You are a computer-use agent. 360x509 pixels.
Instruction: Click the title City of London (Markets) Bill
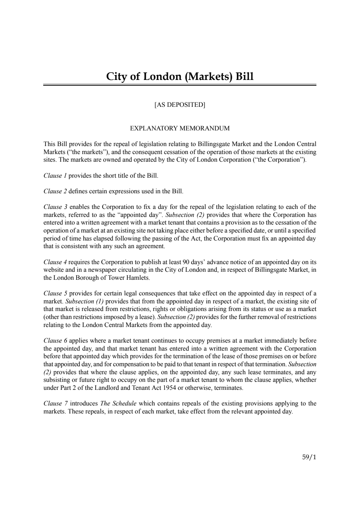[x=180, y=76]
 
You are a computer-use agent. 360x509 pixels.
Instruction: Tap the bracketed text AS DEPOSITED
[x=180, y=105]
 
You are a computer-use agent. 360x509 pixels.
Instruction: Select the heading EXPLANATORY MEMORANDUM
[x=180, y=128]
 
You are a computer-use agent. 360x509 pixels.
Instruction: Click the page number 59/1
[x=309, y=457]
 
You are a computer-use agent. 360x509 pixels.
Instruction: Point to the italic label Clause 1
[x=55, y=175]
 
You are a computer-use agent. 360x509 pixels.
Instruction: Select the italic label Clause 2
[x=55, y=191]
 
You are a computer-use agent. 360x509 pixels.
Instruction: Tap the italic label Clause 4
[x=55, y=262]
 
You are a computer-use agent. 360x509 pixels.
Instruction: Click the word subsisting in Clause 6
[x=56, y=380]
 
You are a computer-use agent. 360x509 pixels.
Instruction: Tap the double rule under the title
[x=180, y=85]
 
